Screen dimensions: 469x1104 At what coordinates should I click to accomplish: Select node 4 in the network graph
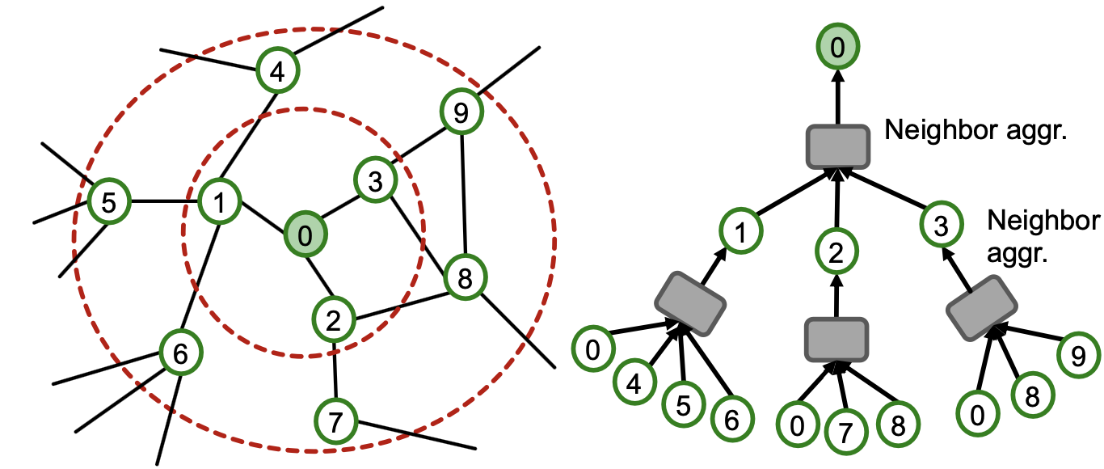[x=277, y=72]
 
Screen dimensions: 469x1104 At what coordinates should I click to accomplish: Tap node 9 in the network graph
[x=461, y=112]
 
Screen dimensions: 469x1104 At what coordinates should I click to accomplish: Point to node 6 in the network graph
[x=180, y=353]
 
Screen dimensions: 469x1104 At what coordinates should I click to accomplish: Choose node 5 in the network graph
[x=108, y=201]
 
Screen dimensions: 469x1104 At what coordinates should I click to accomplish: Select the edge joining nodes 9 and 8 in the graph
[x=463, y=194]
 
